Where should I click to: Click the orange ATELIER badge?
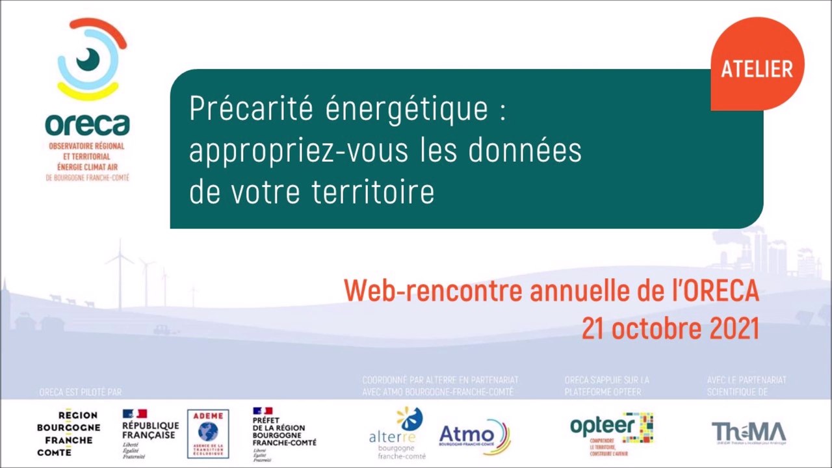[x=757, y=68]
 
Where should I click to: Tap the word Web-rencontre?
[x=433, y=291]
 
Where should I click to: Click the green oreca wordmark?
[x=87, y=124]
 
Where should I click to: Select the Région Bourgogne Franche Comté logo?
[x=68, y=434]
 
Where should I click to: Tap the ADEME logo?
[x=208, y=434]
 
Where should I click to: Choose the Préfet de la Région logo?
[x=284, y=434]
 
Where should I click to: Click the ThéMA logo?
[x=748, y=432]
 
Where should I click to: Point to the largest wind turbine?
[x=120, y=273]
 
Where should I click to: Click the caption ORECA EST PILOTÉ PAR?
[x=81, y=392]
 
